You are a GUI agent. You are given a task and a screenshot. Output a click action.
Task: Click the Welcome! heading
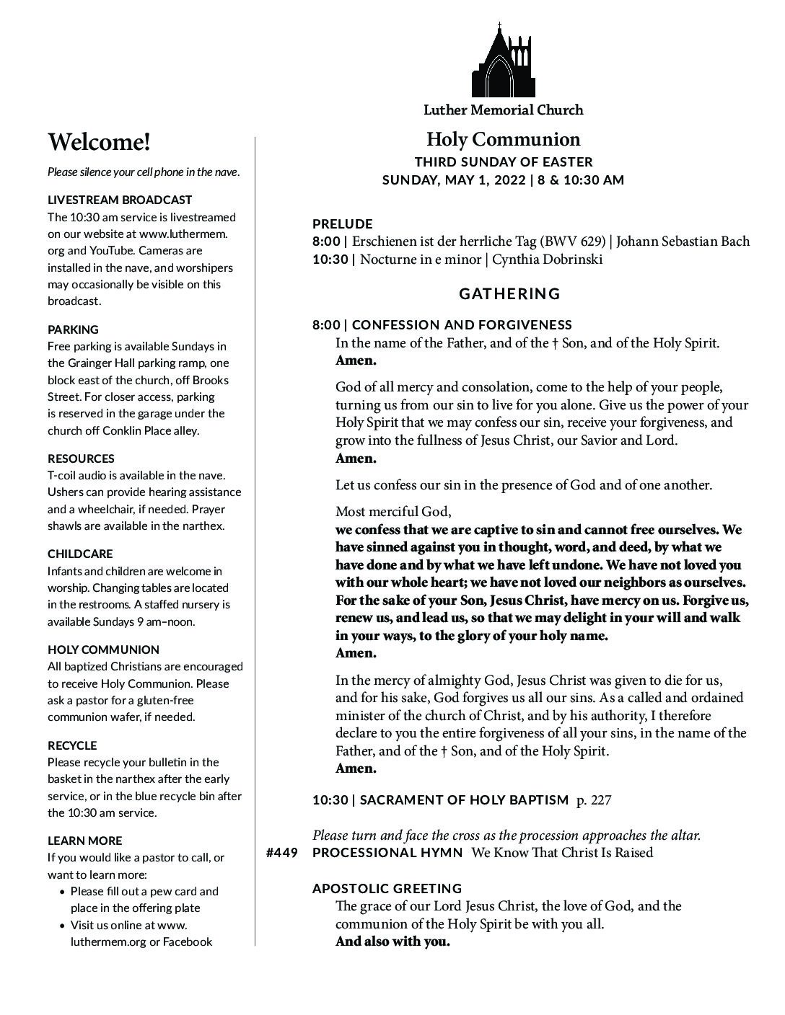(x=99, y=142)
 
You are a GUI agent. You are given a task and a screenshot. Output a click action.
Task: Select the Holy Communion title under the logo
(x=503, y=139)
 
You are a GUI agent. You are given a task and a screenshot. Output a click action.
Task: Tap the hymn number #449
(x=281, y=853)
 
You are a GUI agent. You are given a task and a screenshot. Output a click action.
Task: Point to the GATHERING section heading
(x=509, y=293)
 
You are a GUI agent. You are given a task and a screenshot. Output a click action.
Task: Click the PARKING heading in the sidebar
(x=73, y=329)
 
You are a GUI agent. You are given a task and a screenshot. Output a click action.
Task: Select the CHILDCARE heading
(x=80, y=554)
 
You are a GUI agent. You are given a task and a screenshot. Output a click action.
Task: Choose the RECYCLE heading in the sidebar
(x=72, y=745)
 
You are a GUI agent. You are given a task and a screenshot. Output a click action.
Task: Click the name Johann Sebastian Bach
(x=683, y=241)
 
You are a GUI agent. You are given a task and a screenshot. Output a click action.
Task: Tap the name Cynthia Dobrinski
(x=547, y=259)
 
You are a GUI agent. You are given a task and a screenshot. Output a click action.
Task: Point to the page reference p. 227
(x=594, y=799)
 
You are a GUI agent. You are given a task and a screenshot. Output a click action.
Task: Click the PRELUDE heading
(x=342, y=223)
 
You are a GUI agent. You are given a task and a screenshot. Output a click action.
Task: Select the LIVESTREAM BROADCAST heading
(x=120, y=200)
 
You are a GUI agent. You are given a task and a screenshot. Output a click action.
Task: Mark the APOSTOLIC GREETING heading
(x=387, y=888)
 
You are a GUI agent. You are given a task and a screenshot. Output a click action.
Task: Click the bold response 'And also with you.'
(x=392, y=941)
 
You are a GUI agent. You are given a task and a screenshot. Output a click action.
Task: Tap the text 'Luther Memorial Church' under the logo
(x=503, y=110)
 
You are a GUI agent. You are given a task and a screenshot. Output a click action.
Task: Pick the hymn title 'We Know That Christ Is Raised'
(x=562, y=853)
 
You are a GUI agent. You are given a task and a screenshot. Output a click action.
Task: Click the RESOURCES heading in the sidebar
(x=81, y=458)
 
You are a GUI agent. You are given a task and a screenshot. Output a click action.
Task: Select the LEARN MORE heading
(x=84, y=841)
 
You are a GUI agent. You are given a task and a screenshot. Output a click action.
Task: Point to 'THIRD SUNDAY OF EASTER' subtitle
(x=503, y=162)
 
